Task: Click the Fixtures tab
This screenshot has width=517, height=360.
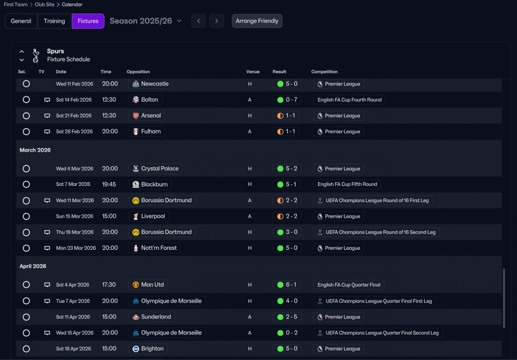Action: [88, 21]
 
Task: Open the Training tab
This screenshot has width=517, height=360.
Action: [54, 21]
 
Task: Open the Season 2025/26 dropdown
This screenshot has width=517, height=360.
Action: [145, 21]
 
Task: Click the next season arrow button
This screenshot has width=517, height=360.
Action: [216, 21]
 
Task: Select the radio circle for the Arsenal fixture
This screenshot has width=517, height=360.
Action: [26, 116]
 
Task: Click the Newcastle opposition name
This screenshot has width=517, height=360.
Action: [155, 84]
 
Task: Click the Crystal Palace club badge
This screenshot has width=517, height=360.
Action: [136, 168]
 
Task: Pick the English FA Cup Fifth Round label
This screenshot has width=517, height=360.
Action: [347, 184]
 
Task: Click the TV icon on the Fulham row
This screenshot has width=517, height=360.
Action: [47, 132]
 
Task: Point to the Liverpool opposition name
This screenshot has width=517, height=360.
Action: [153, 217]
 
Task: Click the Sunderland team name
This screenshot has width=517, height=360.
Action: [156, 317]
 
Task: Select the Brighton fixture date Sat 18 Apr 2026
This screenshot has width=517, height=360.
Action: [74, 349]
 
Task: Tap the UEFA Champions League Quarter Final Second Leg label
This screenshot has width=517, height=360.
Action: [382, 333]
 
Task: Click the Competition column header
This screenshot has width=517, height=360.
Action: [324, 72]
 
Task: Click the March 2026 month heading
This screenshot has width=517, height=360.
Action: [35, 150]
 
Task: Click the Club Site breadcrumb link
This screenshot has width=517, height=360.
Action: [44, 4]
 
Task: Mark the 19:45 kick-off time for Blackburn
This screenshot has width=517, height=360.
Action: [109, 184]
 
